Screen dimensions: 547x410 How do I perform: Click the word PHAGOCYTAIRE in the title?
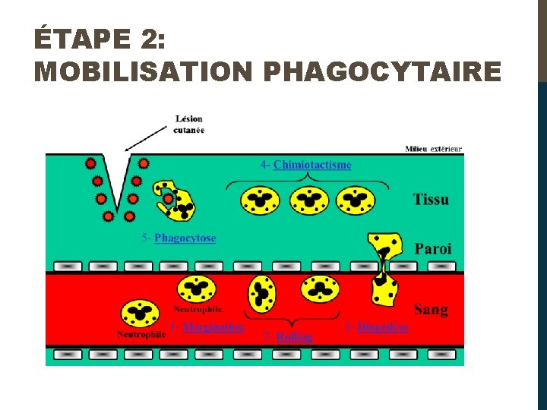[381, 71]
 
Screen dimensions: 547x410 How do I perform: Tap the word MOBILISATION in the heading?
[142, 71]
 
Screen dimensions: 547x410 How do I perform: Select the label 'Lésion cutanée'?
[189, 124]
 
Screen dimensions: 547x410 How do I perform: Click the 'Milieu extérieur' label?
[433, 149]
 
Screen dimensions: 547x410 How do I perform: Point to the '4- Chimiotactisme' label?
[305, 165]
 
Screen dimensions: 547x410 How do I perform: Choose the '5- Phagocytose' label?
[179, 238]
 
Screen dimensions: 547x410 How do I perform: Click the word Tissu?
[431, 200]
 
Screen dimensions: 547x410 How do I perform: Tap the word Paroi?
[433, 248]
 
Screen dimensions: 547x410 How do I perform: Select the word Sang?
[431, 309]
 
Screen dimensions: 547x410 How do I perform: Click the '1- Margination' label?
[207, 327]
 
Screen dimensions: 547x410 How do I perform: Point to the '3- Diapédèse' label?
[377, 327]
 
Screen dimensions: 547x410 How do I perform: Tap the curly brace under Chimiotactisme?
[308, 183]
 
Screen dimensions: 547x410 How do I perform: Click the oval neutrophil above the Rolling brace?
[262, 294]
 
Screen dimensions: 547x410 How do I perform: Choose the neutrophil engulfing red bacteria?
[175, 200]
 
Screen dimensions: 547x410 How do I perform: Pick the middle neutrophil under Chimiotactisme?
[308, 200]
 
